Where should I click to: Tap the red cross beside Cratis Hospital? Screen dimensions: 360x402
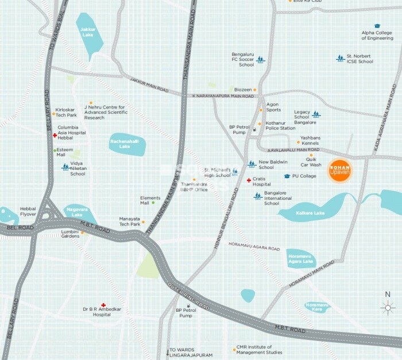pos(249,180)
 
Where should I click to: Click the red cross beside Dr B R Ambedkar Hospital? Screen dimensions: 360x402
pos(103,305)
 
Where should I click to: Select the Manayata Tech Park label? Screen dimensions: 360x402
pos(129,221)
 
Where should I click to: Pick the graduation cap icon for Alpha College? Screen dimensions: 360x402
pos(377,26)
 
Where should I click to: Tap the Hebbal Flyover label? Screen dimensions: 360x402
pos(28,211)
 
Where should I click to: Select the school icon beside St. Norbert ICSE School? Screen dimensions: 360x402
pos(340,58)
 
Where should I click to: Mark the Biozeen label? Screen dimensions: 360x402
pos(243,90)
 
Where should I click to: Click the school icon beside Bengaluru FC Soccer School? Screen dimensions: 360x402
pos(261,59)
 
